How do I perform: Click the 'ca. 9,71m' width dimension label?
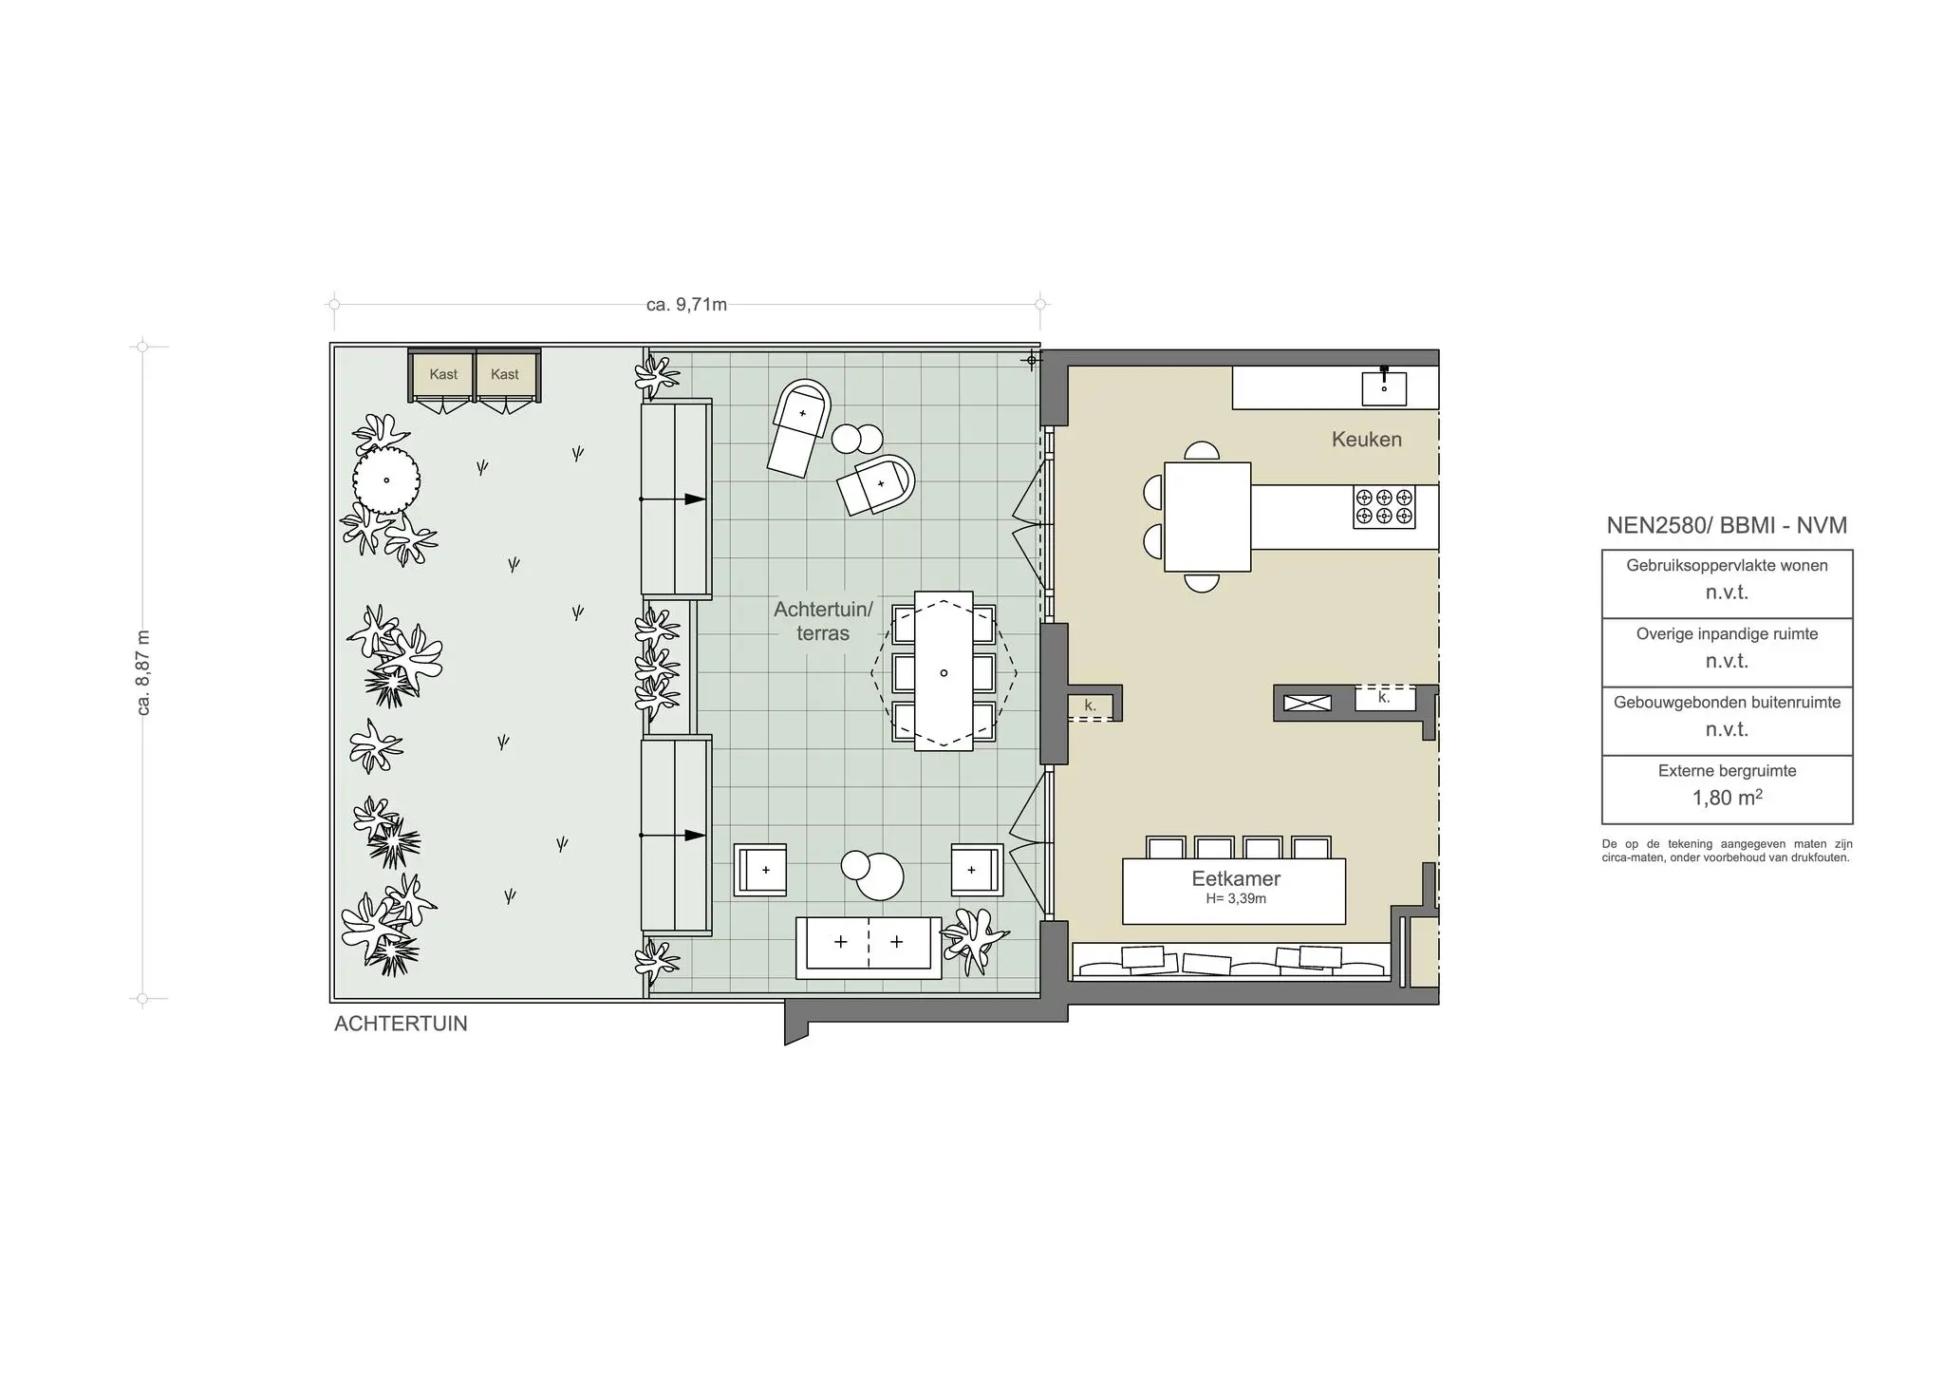(686, 305)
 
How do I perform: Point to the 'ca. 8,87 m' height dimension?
(144, 672)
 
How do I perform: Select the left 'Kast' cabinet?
(442, 374)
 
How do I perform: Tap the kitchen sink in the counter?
(1384, 387)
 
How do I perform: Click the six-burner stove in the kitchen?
(1384, 506)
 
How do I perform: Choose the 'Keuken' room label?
(1366, 439)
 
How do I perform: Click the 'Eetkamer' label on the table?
(1236, 878)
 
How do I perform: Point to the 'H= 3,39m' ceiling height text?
(1236, 898)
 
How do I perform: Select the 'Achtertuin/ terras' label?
(822, 621)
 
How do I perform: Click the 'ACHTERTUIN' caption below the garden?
(401, 1024)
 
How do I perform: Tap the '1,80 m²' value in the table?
(1727, 798)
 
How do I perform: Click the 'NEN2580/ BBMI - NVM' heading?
(1727, 525)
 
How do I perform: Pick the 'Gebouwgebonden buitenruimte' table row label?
(1727, 703)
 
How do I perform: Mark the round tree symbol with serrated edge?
(386, 480)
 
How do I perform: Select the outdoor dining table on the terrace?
(944, 671)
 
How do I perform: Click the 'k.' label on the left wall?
(1090, 706)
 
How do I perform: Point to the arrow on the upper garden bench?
(693, 499)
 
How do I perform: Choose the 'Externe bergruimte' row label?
(1727, 771)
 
